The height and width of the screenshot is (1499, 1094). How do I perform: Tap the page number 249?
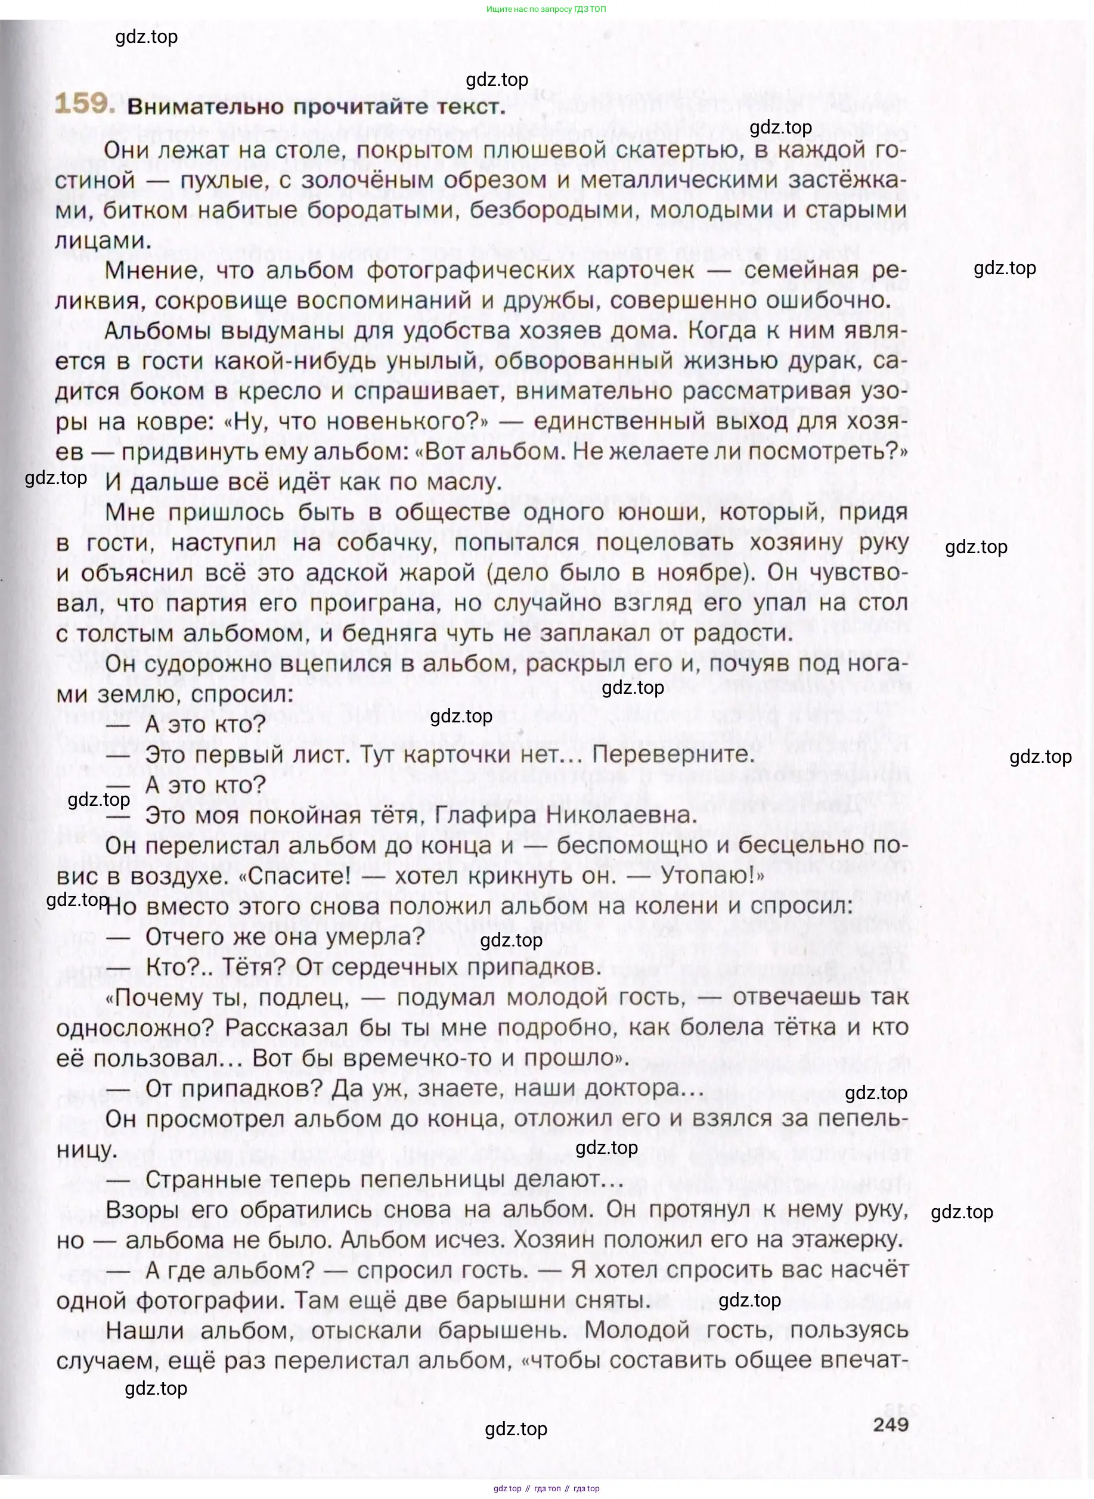point(890,1423)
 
